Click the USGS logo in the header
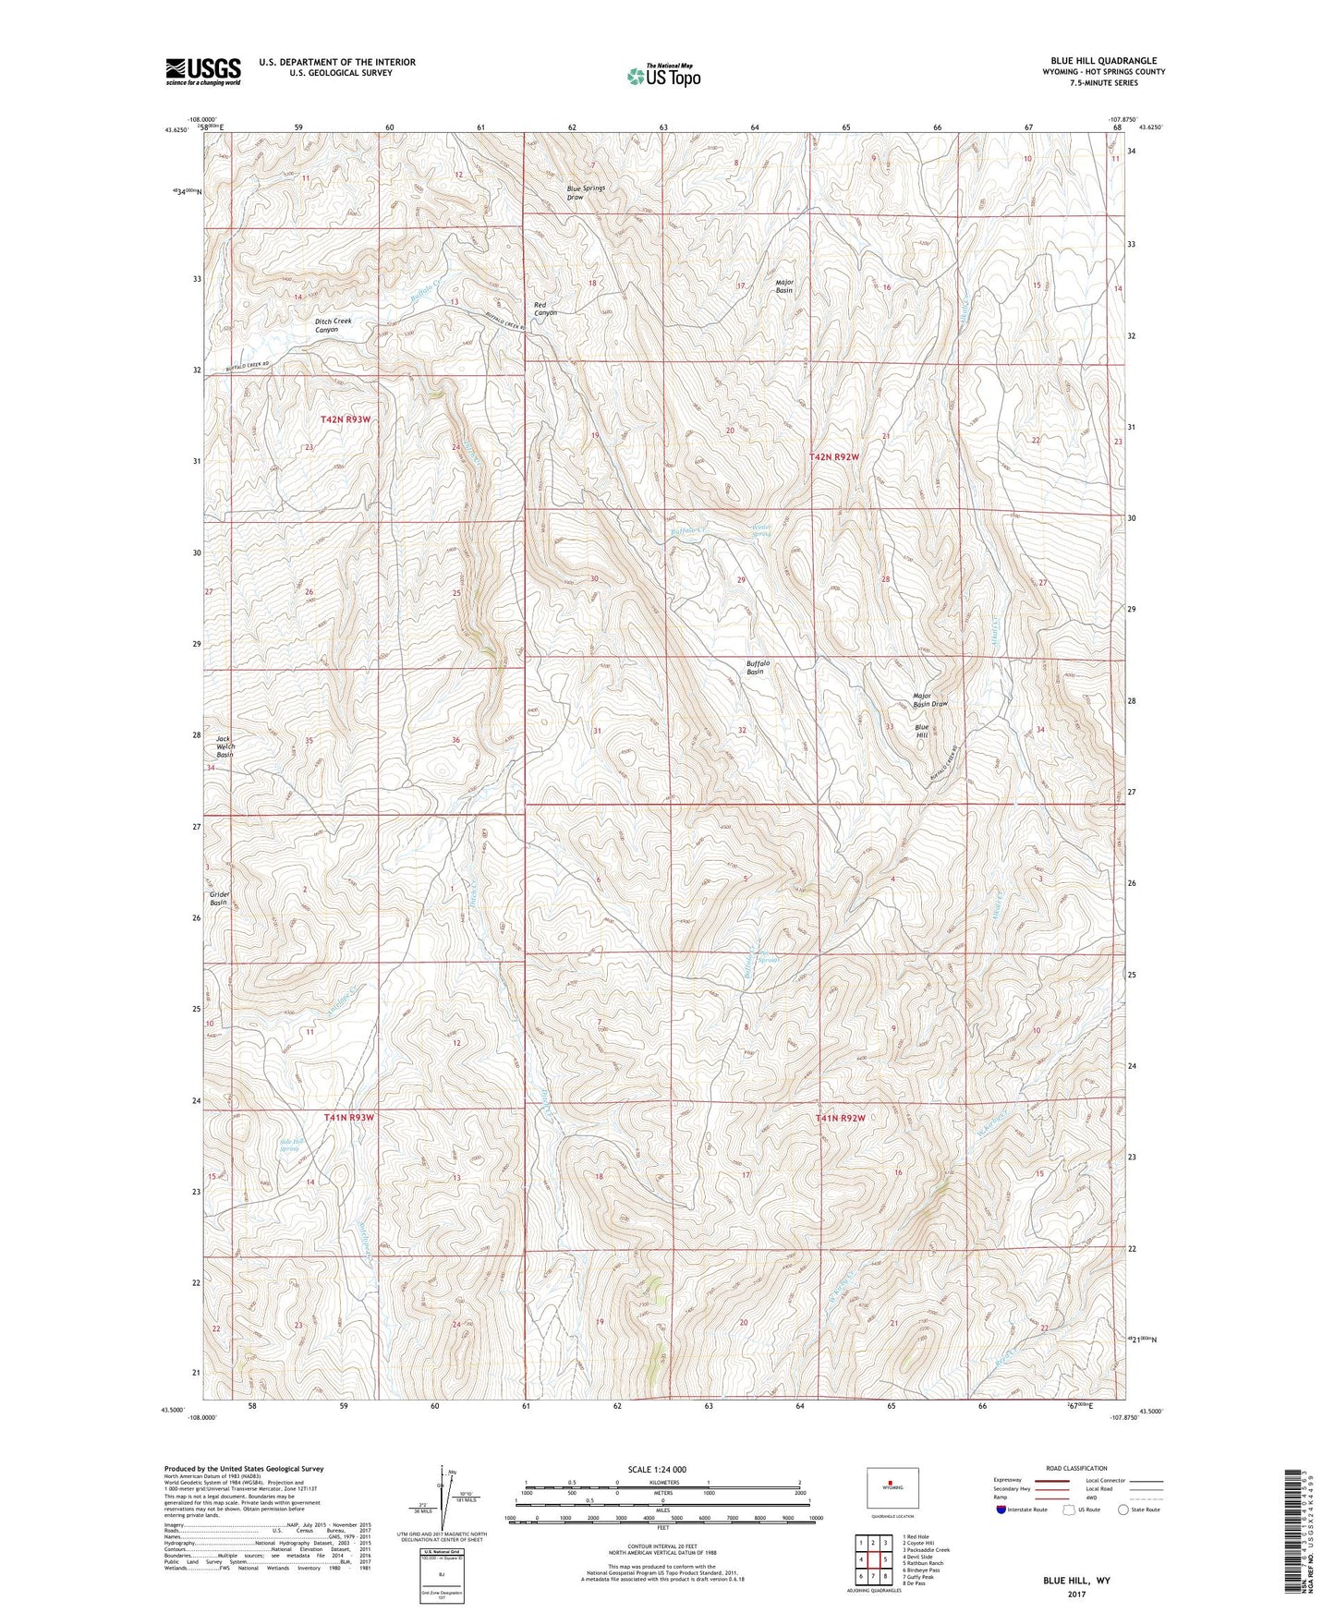click(x=203, y=71)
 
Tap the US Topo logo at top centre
click(x=662, y=76)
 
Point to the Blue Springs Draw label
click(x=586, y=192)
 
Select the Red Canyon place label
click(x=545, y=309)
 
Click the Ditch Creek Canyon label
click(x=333, y=325)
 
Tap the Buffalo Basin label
click(x=758, y=667)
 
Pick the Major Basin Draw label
click(x=929, y=699)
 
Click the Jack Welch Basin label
click(x=225, y=746)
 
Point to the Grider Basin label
click(x=219, y=898)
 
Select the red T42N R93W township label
click(x=346, y=419)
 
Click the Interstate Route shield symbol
click(x=1002, y=1510)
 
